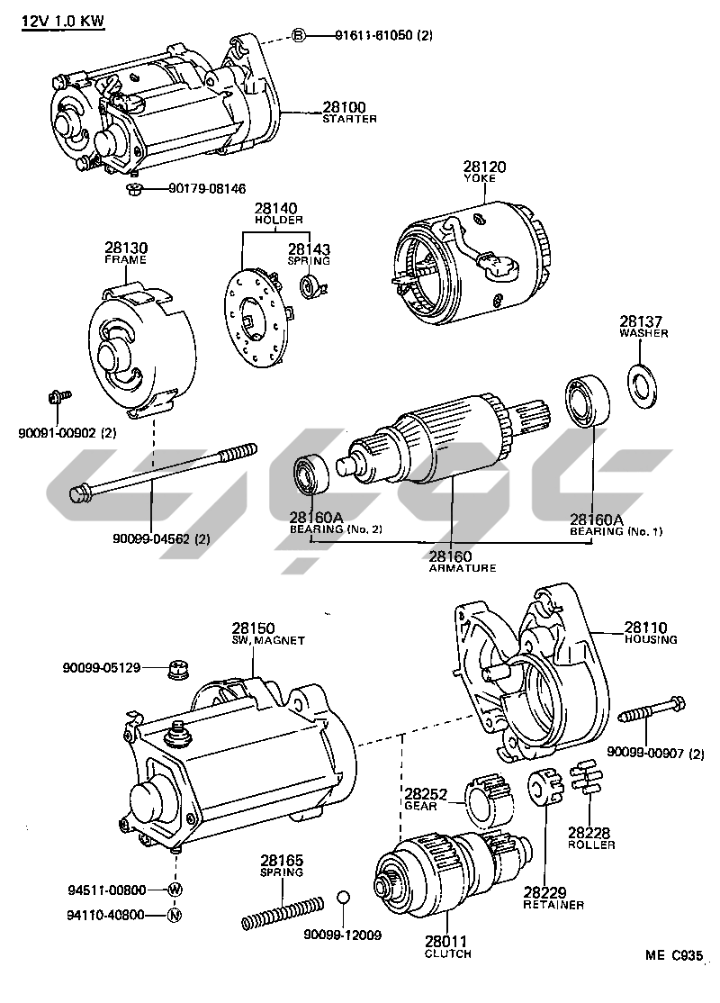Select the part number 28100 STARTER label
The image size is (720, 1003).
pos(349,112)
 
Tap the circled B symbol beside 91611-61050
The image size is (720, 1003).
pos(299,35)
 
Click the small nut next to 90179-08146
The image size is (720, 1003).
pos(133,189)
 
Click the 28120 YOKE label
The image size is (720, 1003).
pos(485,171)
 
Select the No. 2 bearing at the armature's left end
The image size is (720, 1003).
pos(312,475)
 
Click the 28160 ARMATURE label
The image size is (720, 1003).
pos(450,562)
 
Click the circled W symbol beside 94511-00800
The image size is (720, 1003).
pos(175,889)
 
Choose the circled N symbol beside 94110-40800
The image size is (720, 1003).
pos(175,916)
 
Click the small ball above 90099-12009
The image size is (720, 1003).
pos(343,899)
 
